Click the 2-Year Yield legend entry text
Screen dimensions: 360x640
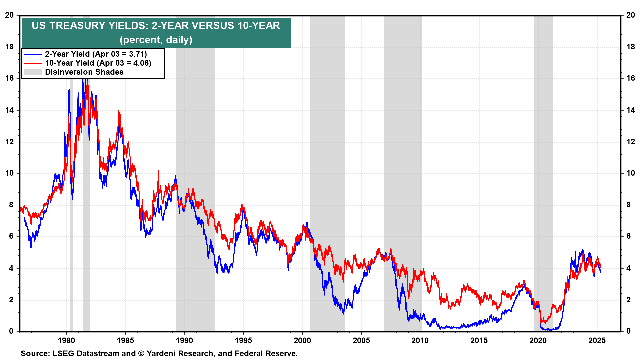[96, 54]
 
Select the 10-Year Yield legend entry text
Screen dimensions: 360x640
[98, 63]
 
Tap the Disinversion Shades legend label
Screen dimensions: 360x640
[84, 72]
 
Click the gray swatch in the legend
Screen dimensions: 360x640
[33, 72]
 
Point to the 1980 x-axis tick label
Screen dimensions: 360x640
[66, 340]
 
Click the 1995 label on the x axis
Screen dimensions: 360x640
[243, 340]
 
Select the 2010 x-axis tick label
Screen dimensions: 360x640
[420, 340]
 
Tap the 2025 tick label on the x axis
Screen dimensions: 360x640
[597, 340]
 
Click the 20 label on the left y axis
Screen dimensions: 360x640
[9, 15]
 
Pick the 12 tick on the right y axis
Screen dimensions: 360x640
[631, 142]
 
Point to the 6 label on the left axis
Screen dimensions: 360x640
[11, 236]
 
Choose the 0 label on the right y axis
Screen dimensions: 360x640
[628, 331]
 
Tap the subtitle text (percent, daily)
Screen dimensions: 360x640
[156, 40]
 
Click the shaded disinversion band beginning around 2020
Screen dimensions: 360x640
[543, 167]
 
